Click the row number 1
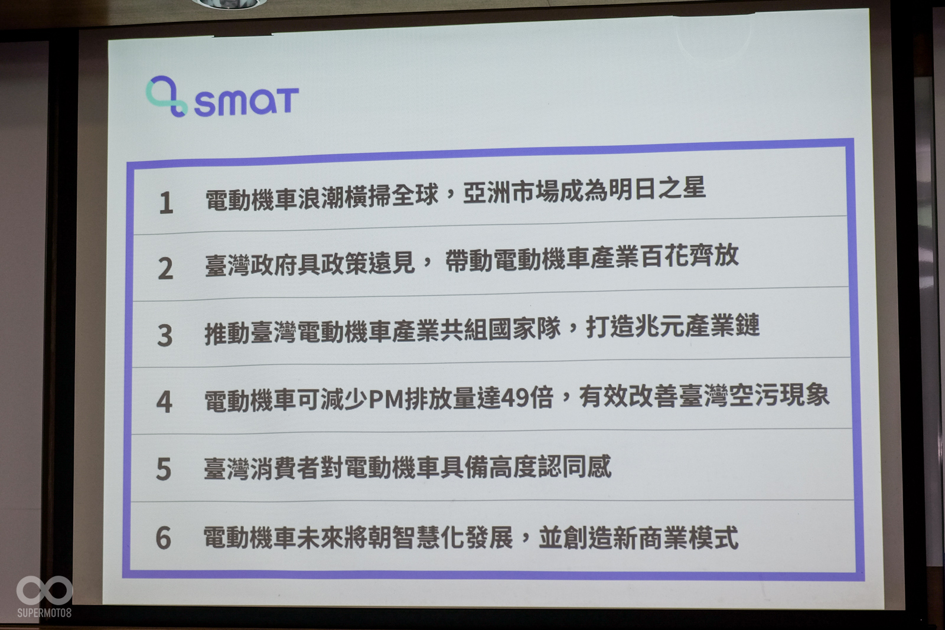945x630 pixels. pos(166,203)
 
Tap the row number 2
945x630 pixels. pos(165,269)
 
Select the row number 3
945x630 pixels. pos(165,335)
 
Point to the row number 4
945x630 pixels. pos(164,402)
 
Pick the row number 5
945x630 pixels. pos(164,469)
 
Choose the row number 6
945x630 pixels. pos(164,538)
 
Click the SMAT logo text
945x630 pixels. pos(246,102)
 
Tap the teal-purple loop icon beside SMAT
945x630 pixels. pos(166,96)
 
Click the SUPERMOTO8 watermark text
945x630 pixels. pos(44,613)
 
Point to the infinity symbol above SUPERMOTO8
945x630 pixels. pos(44,590)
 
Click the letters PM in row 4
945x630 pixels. pos(386,400)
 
